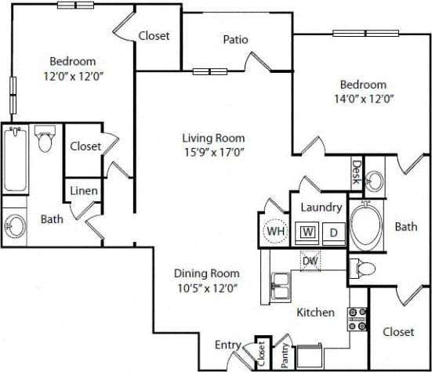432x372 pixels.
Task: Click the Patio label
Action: coord(236,38)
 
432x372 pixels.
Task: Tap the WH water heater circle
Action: coord(275,232)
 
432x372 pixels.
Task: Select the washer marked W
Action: coord(308,232)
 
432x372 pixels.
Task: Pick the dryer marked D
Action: coord(332,232)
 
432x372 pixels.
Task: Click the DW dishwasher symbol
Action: coord(310,261)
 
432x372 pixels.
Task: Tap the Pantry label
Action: coord(284,356)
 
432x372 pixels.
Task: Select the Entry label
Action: coord(228,345)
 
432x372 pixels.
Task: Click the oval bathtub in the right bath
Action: coord(364,226)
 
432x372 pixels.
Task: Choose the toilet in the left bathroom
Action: coord(45,140)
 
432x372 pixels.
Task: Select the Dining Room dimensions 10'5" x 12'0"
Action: coord(206,287)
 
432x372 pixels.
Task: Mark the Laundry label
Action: coord(321,208)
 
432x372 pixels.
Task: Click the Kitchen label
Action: coord(315,312)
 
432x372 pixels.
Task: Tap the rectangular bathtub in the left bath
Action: coord(15,160)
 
